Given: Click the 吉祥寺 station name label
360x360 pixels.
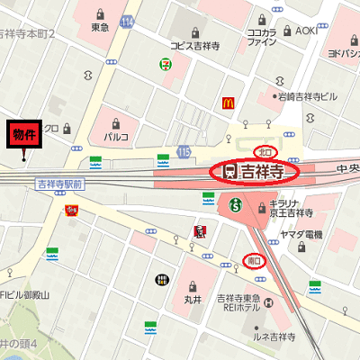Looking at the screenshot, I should [265, 170].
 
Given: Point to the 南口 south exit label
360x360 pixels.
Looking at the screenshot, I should [256, 261].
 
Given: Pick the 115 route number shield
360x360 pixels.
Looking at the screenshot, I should [184, 153].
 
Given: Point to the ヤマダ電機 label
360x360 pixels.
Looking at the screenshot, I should [301, 234].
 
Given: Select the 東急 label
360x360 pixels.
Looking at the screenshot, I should [99, 28].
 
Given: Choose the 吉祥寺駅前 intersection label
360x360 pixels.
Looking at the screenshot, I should [59, 184].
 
